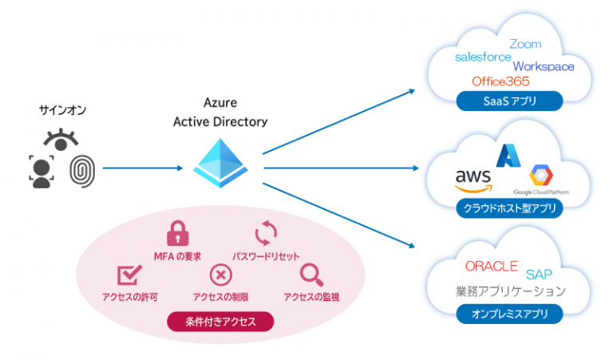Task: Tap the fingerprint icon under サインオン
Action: (81, 171)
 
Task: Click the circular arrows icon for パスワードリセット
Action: (265, 233)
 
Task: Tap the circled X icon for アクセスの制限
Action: (220, 275)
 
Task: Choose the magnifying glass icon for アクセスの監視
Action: (310, 275)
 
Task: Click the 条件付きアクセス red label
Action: (220, 322)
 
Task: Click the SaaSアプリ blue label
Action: (508, 101)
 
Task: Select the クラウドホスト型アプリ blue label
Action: (508, 209)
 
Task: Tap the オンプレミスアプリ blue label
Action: (508, 314)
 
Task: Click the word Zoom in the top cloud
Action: (524, 44)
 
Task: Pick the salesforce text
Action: (481, 57)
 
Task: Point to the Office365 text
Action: (500, 81)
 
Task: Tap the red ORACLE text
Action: (491, 266)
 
